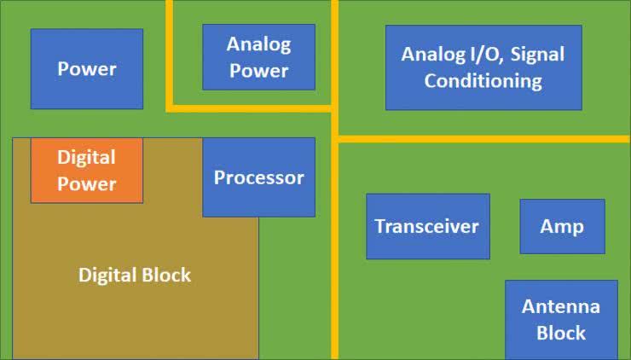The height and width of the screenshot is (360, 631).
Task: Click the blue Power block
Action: tap(86, 69)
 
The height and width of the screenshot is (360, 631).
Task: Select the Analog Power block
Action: tap(258, 57)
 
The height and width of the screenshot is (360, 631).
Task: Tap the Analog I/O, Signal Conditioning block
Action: tap(483, 67)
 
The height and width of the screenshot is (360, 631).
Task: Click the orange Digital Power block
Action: tap(86, 171)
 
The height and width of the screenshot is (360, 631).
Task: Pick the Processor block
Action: tap(258, 177)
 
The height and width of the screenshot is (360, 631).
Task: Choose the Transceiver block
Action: tap(427, 226)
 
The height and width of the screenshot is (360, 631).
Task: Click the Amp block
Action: tap(562, 226)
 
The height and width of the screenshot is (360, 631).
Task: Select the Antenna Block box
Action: tap(561, 320)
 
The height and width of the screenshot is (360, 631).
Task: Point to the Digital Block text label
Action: tap(135, 275)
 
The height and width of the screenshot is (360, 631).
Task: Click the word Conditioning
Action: tap(483, 81)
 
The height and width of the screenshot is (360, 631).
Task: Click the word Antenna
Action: tap(561, 306)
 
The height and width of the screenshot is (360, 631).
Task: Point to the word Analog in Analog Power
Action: tap(258, 44)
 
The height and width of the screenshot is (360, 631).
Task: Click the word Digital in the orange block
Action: tap(86, 158)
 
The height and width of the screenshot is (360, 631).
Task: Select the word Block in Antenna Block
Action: tap(561, 333)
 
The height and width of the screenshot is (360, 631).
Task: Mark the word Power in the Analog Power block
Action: tap(258, 71)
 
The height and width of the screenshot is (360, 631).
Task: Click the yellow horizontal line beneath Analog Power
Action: tap(252, 108)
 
